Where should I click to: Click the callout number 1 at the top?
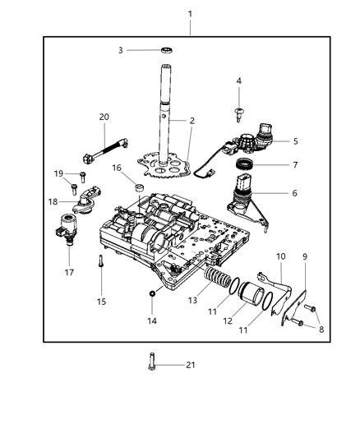191,14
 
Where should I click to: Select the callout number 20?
104,116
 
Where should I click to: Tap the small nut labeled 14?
152,293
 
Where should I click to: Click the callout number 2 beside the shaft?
191,121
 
